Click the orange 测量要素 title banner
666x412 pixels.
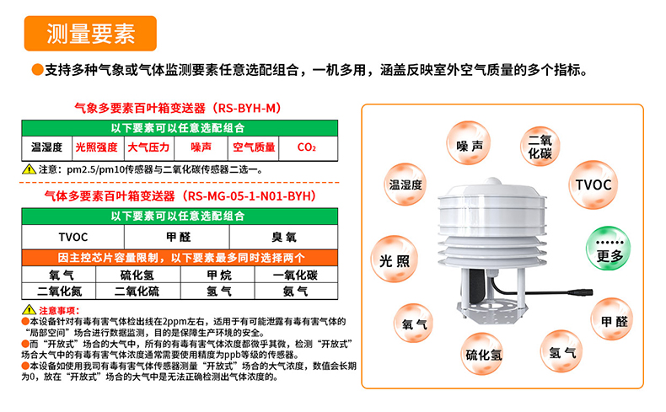tap(92, 33)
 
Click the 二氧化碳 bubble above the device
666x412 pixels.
tap(539, 147)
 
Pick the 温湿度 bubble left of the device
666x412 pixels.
tap(405, 185)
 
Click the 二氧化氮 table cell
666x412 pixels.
tap(59, 291)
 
